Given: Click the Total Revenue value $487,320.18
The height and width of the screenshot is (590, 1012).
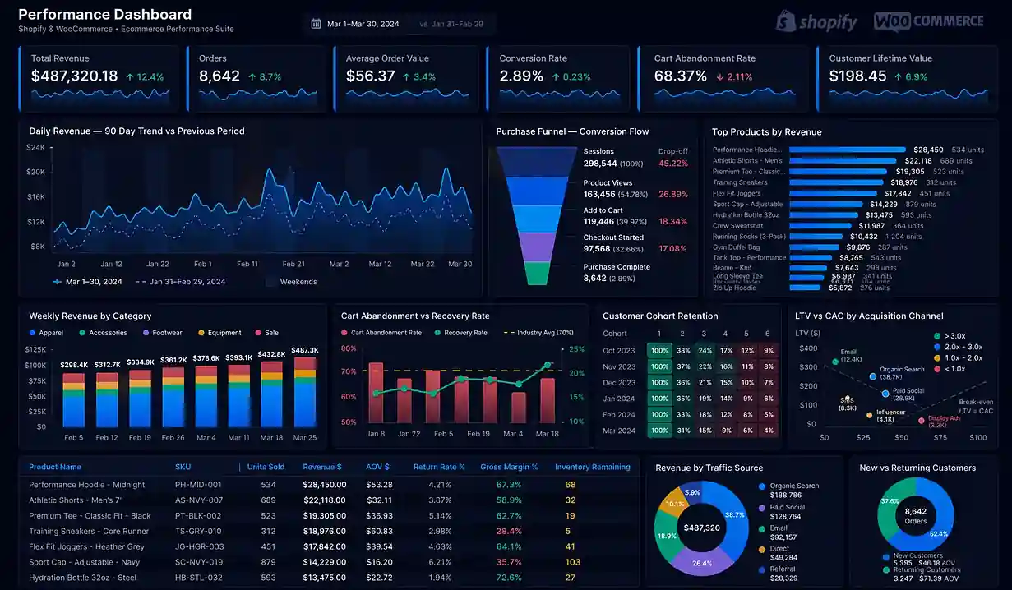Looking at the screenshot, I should pyautogui.click(x=74, y=76).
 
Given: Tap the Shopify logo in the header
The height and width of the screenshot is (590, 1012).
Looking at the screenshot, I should pyautogui.click(x=816, y=21).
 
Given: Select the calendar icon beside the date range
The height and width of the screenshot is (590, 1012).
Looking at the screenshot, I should pyautogui.click(x=316, y=24).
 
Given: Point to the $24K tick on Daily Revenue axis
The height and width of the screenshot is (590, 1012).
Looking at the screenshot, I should pyautogui.click(x=35, y=148).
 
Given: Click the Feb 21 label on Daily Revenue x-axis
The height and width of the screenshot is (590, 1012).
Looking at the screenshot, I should pyautogui.click(x=293, y=264).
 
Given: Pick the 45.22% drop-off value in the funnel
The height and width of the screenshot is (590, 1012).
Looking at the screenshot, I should pyautogui.click(x=672, y=164).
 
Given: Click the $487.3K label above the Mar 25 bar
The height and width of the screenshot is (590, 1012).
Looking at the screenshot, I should pyautogui.click(x=305, y=350).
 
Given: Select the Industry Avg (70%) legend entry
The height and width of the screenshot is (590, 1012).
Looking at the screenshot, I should pyautogui.click(x=543, y=333).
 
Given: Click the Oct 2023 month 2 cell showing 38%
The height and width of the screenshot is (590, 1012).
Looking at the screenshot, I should pyautogui.click(x=682, y=350).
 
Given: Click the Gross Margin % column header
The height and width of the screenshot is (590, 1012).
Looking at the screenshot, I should pyautogui.click(x=509, y=467).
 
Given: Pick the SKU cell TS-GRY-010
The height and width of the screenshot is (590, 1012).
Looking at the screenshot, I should pyautogui.click(x=198, y=531).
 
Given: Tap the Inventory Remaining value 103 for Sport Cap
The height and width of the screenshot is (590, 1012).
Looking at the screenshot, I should pyautogui.click(x=572, y=562).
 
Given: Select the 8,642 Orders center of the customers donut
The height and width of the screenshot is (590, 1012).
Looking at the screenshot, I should pyautogui.click(x=915, y=516).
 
